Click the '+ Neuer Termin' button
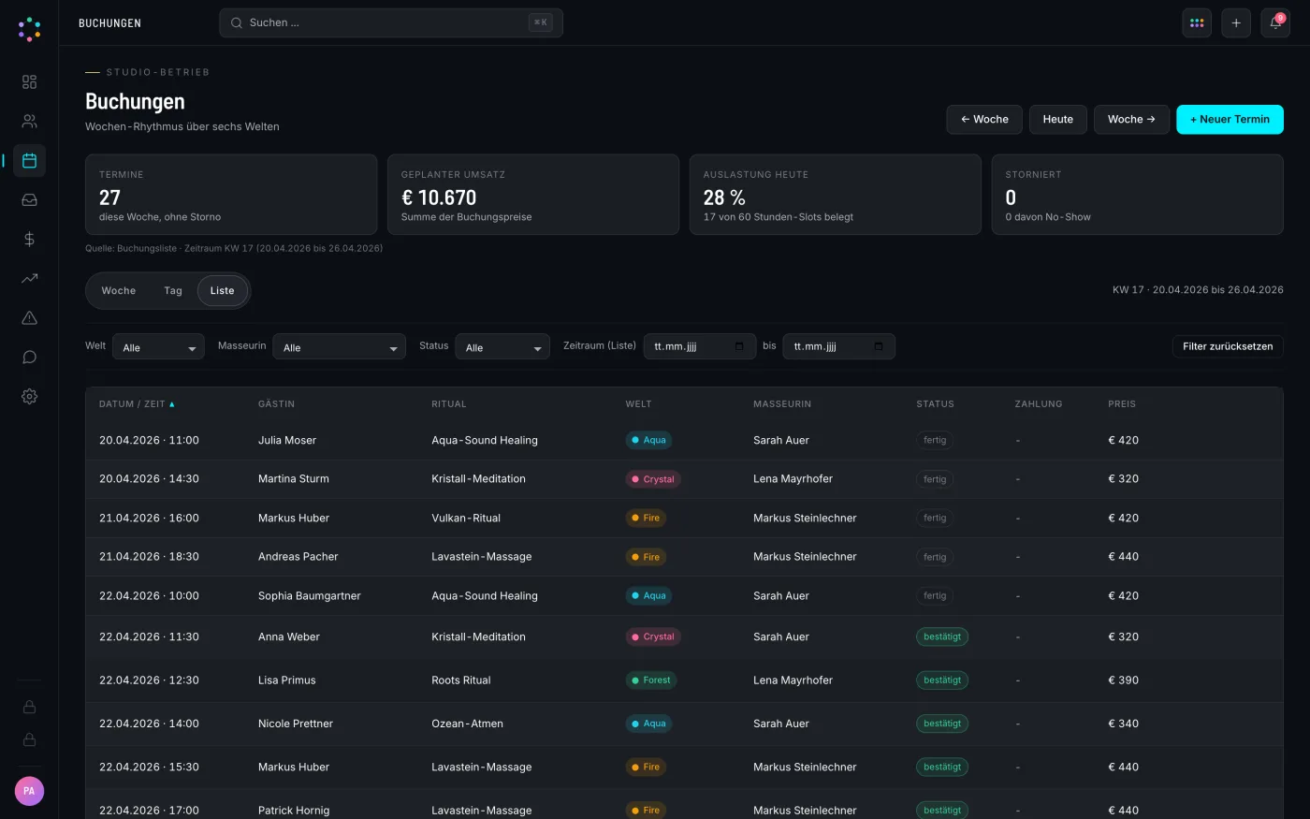pyautogui.click(x=1230, y=120)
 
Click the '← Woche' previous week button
pyautogui.click(x=984, y=120)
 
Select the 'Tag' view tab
pyautogui.click(x=172, y=291)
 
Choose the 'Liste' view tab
pyautogui.click(x=223, y=291)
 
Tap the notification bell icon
pyautogui.click(x=1275, y=22)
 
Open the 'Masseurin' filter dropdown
pyautogui.click(x=339, y=347)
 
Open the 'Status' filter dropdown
pyautogui.click(x=502, y=347)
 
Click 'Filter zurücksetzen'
pyautogui.click(x=1228, y=346)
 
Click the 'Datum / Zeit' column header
pyautogui.click(x=132, y=404)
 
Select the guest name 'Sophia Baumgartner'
pyautogui.click(x=310, y=595)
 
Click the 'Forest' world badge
pyautogui.click(x=651, y=680)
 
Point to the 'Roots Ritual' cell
pyautogui.click(x=460, y=680)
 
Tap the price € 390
pyautogui.click(x=1123, y=680)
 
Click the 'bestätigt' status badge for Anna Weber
pyautogui.click(x=942, y=636)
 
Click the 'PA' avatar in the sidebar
pyautogui.click(x=29, y=791)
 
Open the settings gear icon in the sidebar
pyautogui.click(x=29, y=397)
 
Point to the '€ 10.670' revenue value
pyautogui.click(x=439, y=197)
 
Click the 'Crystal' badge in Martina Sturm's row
pyautogui.click(x=653, y=479)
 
